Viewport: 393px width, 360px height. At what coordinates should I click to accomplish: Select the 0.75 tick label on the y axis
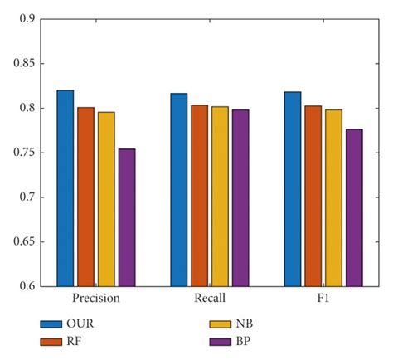pos(19,153)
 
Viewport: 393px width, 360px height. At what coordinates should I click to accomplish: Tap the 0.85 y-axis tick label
pos(19,63)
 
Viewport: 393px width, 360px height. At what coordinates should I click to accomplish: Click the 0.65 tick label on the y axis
pos(19,241)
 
